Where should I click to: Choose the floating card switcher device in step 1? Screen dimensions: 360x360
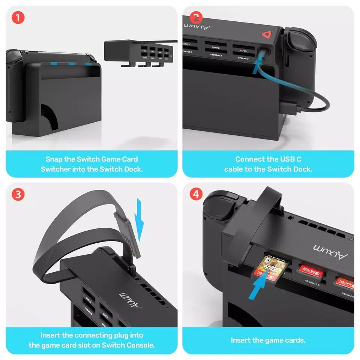tap(139, 52)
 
